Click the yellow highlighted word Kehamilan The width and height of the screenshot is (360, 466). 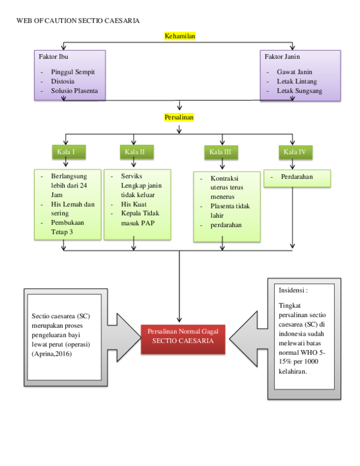[x=180, y=36]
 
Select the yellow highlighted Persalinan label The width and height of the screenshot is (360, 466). [x=180, y=117]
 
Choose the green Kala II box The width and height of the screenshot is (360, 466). [x=134, y=152]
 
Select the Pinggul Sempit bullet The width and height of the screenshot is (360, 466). [x=73, y=71]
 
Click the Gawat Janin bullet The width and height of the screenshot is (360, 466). [x=294, y=71]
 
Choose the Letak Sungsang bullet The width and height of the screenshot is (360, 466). [x=299, y=91]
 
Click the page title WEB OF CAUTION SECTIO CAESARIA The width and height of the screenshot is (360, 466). [x=78, y=20]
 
